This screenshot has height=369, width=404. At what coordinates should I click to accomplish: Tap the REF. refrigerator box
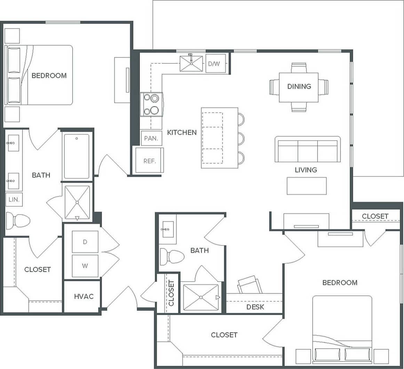tap(149, 161)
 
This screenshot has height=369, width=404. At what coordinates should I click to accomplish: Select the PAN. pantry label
tap(151, 138)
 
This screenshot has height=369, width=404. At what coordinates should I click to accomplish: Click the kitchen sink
tap(191, 63)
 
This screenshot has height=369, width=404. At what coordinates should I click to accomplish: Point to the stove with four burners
tap(151, 104)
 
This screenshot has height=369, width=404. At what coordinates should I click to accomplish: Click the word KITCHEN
tap(182, 133)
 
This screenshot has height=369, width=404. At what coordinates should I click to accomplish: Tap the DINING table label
tap(299, 86)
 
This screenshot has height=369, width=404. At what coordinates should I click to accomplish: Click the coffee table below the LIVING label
tap(307, 186)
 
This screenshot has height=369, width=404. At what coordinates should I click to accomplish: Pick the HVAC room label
tap(84, 296)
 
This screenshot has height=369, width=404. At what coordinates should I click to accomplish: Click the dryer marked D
tap(85, 242)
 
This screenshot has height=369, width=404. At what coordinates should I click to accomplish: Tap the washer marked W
tap(85, 266)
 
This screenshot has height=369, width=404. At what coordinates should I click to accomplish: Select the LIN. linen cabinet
tap(14, 200)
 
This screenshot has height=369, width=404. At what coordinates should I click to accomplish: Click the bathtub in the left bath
tap(77, 156)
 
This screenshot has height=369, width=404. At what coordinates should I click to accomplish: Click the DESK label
tap(255, 307)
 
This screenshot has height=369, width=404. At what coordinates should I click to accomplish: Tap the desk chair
tap(250, 284)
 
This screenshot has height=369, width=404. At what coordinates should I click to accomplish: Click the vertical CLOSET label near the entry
tap(171, 293)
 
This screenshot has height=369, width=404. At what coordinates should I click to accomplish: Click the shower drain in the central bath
tap(201, 297)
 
